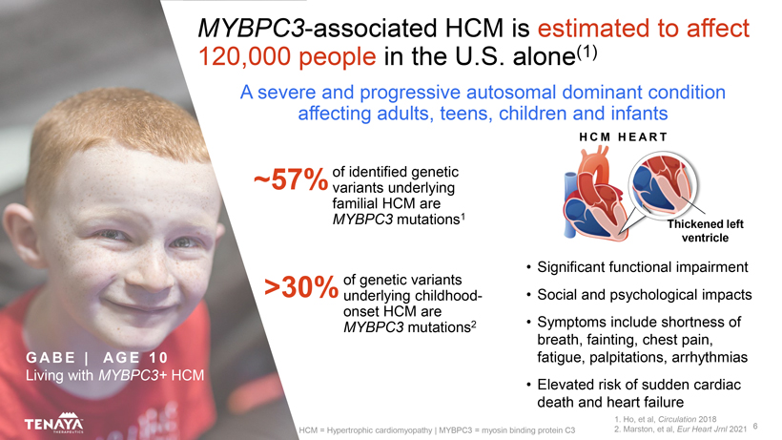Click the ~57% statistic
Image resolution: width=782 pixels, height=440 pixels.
(291, 179)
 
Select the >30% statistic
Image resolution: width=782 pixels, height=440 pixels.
(301, 287)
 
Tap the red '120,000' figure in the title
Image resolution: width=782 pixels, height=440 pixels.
(245, 56)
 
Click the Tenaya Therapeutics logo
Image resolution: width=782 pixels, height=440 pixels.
(53, 423)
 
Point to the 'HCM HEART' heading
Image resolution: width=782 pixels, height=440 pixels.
(623, 137)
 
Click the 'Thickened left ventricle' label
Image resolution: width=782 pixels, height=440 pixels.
(705, 231)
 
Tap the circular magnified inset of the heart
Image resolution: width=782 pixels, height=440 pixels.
(663, 184)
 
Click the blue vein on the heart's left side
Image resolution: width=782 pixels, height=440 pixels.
(569, 204)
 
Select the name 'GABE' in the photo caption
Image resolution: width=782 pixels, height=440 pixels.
(51, 358)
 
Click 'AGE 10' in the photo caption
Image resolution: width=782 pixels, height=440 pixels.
(135, 358)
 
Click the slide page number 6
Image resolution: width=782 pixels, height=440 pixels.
(755, 426)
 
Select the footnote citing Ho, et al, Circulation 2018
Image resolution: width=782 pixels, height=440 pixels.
(666, 419)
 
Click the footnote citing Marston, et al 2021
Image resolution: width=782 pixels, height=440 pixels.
(680, 430)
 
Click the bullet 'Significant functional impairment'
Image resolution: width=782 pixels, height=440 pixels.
(643, 267)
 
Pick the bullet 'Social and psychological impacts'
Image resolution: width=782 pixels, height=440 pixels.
(645, 295)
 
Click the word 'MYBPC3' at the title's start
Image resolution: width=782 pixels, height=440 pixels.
(252, 29)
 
